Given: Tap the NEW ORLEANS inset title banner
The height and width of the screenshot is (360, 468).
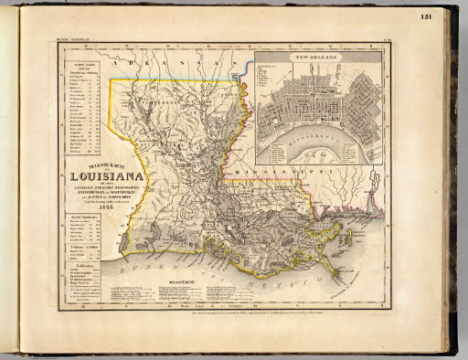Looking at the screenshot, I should (x=316, y=58).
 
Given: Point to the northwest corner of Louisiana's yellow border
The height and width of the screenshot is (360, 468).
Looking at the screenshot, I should (x=113, y=79).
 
